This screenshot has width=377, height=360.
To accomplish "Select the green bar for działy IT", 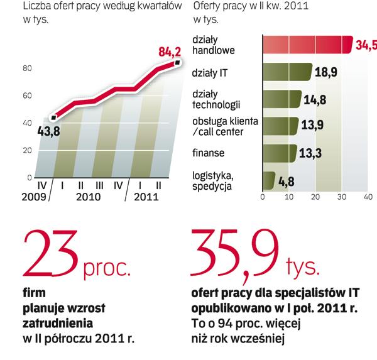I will coord(287,72).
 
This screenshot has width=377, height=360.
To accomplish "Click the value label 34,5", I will coord(366,45).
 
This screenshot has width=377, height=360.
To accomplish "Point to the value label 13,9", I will coord(312,126).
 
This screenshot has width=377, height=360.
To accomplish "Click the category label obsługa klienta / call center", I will coord(217,126).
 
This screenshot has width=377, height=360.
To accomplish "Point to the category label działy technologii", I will coord(214,99).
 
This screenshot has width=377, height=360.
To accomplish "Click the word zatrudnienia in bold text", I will coord(58,324).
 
